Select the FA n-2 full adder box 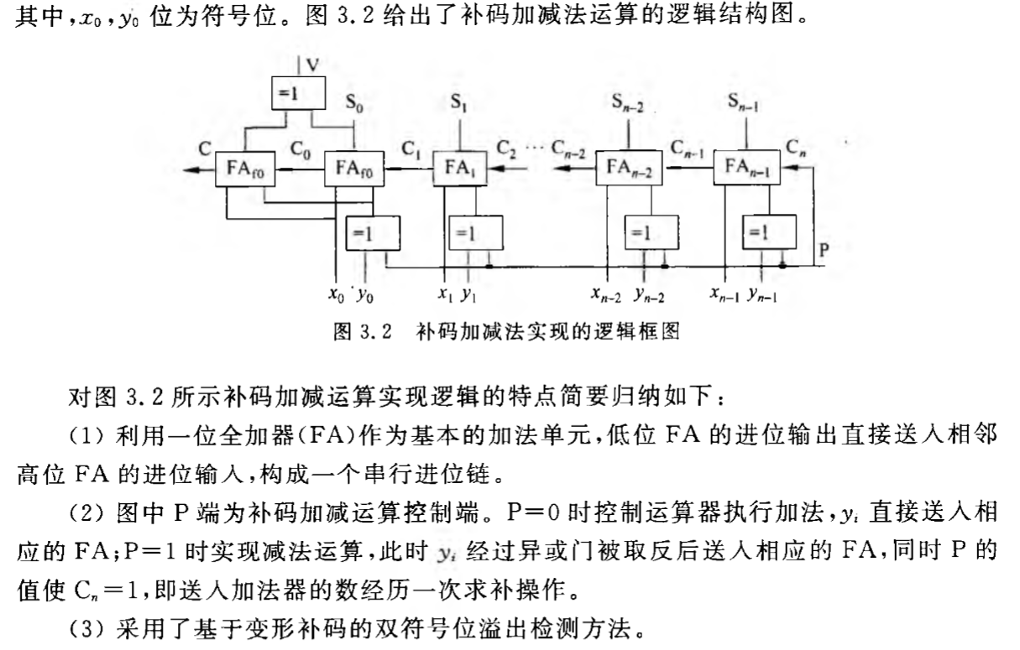(x=629, y=170)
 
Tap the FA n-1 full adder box (x=746, y=170)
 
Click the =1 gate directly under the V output (x=298, y=93)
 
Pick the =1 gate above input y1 (x=476, y=231)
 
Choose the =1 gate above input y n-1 (x=767, y=232)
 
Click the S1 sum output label (x=458, y=103)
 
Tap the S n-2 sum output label (x=626, y=103)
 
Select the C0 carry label (x=301, y=150)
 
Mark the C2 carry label (x=507, y=150)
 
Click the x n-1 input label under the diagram (x=724, y=294)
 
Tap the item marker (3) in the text (x=85, y=628)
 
